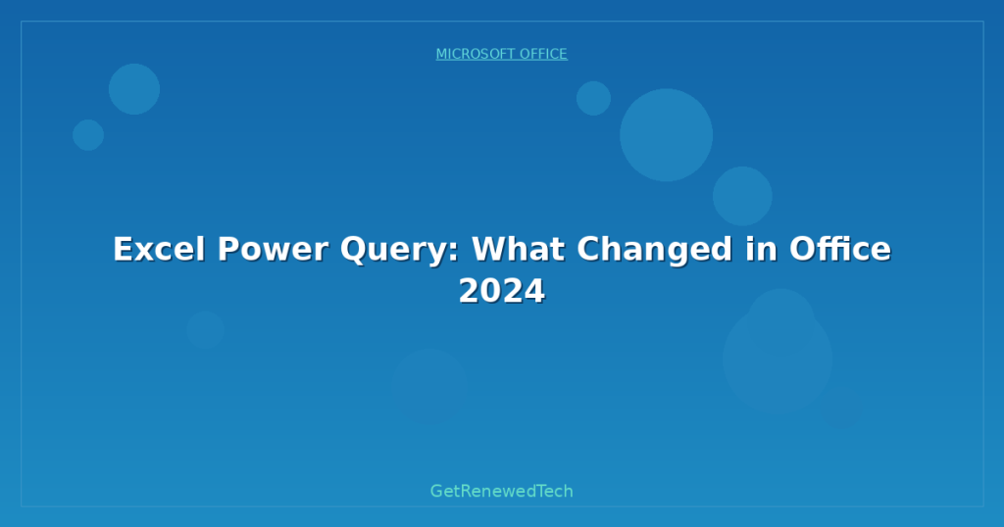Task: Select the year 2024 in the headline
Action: tap(501, 292)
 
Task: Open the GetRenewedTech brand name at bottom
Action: tap(501, 491)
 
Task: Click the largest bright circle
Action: tap(666, 135)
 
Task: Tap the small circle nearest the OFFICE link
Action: tap(593, 98)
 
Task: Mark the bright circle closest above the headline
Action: tap(742, 196)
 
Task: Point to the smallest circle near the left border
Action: tap(88, 135)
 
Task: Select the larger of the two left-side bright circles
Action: tap(134, 89)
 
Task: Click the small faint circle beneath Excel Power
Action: tap(205, 330)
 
